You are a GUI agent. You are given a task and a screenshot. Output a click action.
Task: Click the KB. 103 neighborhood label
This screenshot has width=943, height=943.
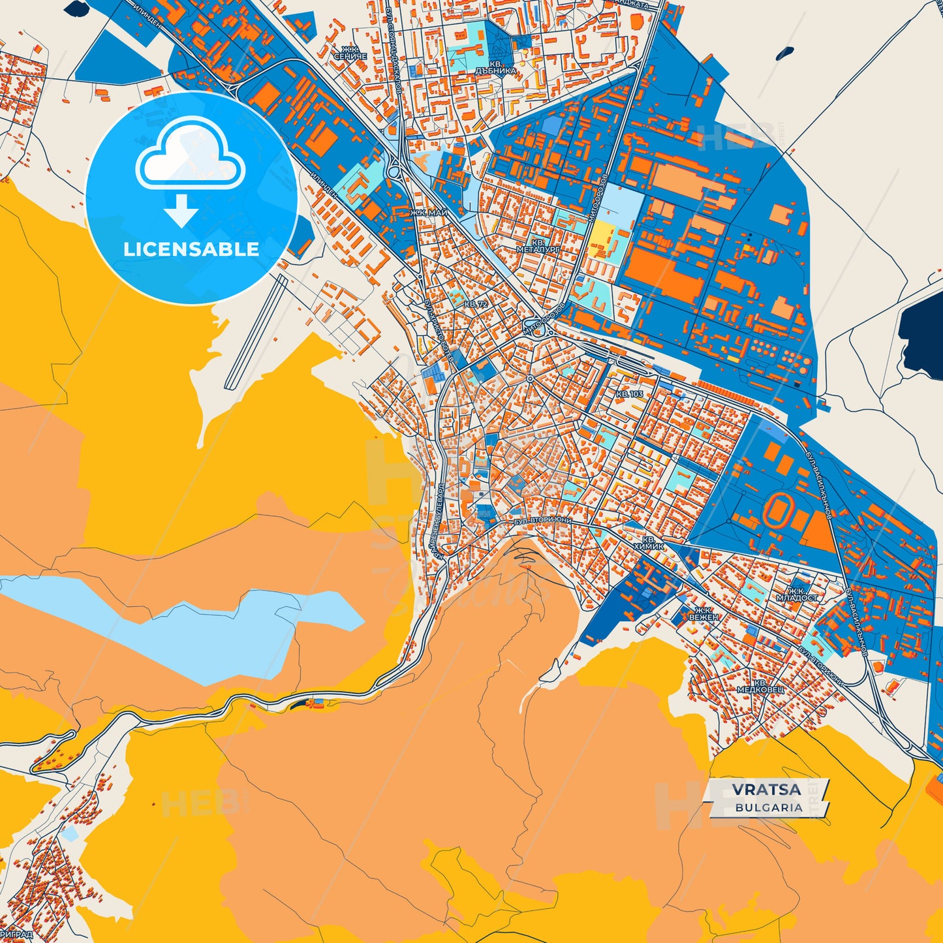tap(630, 394)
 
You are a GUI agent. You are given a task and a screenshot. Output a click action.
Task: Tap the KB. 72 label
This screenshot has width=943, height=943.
tap(475, 304)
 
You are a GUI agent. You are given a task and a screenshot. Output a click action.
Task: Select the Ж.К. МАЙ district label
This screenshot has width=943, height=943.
tap(429, 213)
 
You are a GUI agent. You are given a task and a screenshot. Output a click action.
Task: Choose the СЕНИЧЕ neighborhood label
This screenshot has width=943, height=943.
tap(350, 57)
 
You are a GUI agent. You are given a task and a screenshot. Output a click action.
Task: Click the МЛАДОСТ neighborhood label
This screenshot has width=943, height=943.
tap(797, 597)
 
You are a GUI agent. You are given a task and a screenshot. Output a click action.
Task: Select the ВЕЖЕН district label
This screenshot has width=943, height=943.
tap(704, 617)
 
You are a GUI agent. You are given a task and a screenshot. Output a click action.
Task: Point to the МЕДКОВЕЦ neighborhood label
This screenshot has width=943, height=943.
tap(760, 688)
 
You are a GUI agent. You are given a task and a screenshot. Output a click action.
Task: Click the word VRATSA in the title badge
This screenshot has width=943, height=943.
tap(766, 789)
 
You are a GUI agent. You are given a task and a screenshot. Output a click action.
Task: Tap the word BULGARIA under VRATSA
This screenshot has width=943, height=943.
tap(769, 807)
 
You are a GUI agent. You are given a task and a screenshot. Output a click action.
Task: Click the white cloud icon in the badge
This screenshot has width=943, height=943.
tap(190, 155)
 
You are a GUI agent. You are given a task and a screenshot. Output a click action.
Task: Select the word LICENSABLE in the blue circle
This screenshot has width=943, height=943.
tap(191, 249)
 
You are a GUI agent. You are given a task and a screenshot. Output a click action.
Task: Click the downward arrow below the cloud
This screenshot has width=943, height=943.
tap(181, 210)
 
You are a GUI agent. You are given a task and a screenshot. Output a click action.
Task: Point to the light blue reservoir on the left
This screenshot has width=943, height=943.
tap(163, 626)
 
